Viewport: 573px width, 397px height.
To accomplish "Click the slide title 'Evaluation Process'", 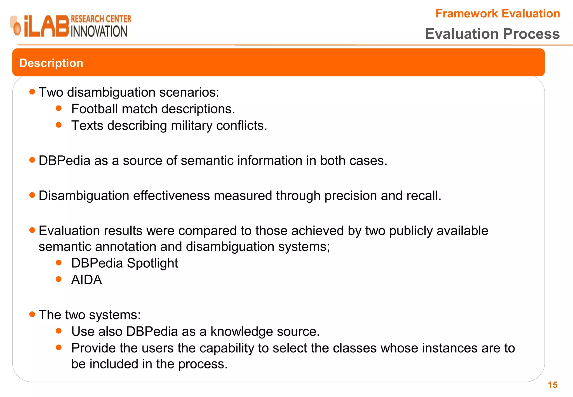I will tap(492, 34).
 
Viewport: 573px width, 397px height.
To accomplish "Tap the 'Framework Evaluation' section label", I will tap(497, 13).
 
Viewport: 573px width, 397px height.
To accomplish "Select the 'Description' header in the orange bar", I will tap(51, 63).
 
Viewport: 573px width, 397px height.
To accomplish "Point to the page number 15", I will tap(553, 385).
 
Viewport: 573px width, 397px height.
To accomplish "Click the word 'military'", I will tap(192, 125).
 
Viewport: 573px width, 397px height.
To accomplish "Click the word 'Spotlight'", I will tap(152, 263).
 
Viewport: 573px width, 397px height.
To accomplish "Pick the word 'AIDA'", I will tap(86, 280).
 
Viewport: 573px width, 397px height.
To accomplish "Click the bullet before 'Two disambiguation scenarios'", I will tap(32, 92).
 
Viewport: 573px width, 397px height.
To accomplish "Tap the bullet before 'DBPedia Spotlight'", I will tap(59, 263).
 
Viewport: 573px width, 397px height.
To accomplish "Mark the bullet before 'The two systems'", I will tap(32, 314).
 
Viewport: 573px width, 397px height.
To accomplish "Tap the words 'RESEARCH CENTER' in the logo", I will tap(101, 19).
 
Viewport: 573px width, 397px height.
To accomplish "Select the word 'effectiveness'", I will tap(171, 195).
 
